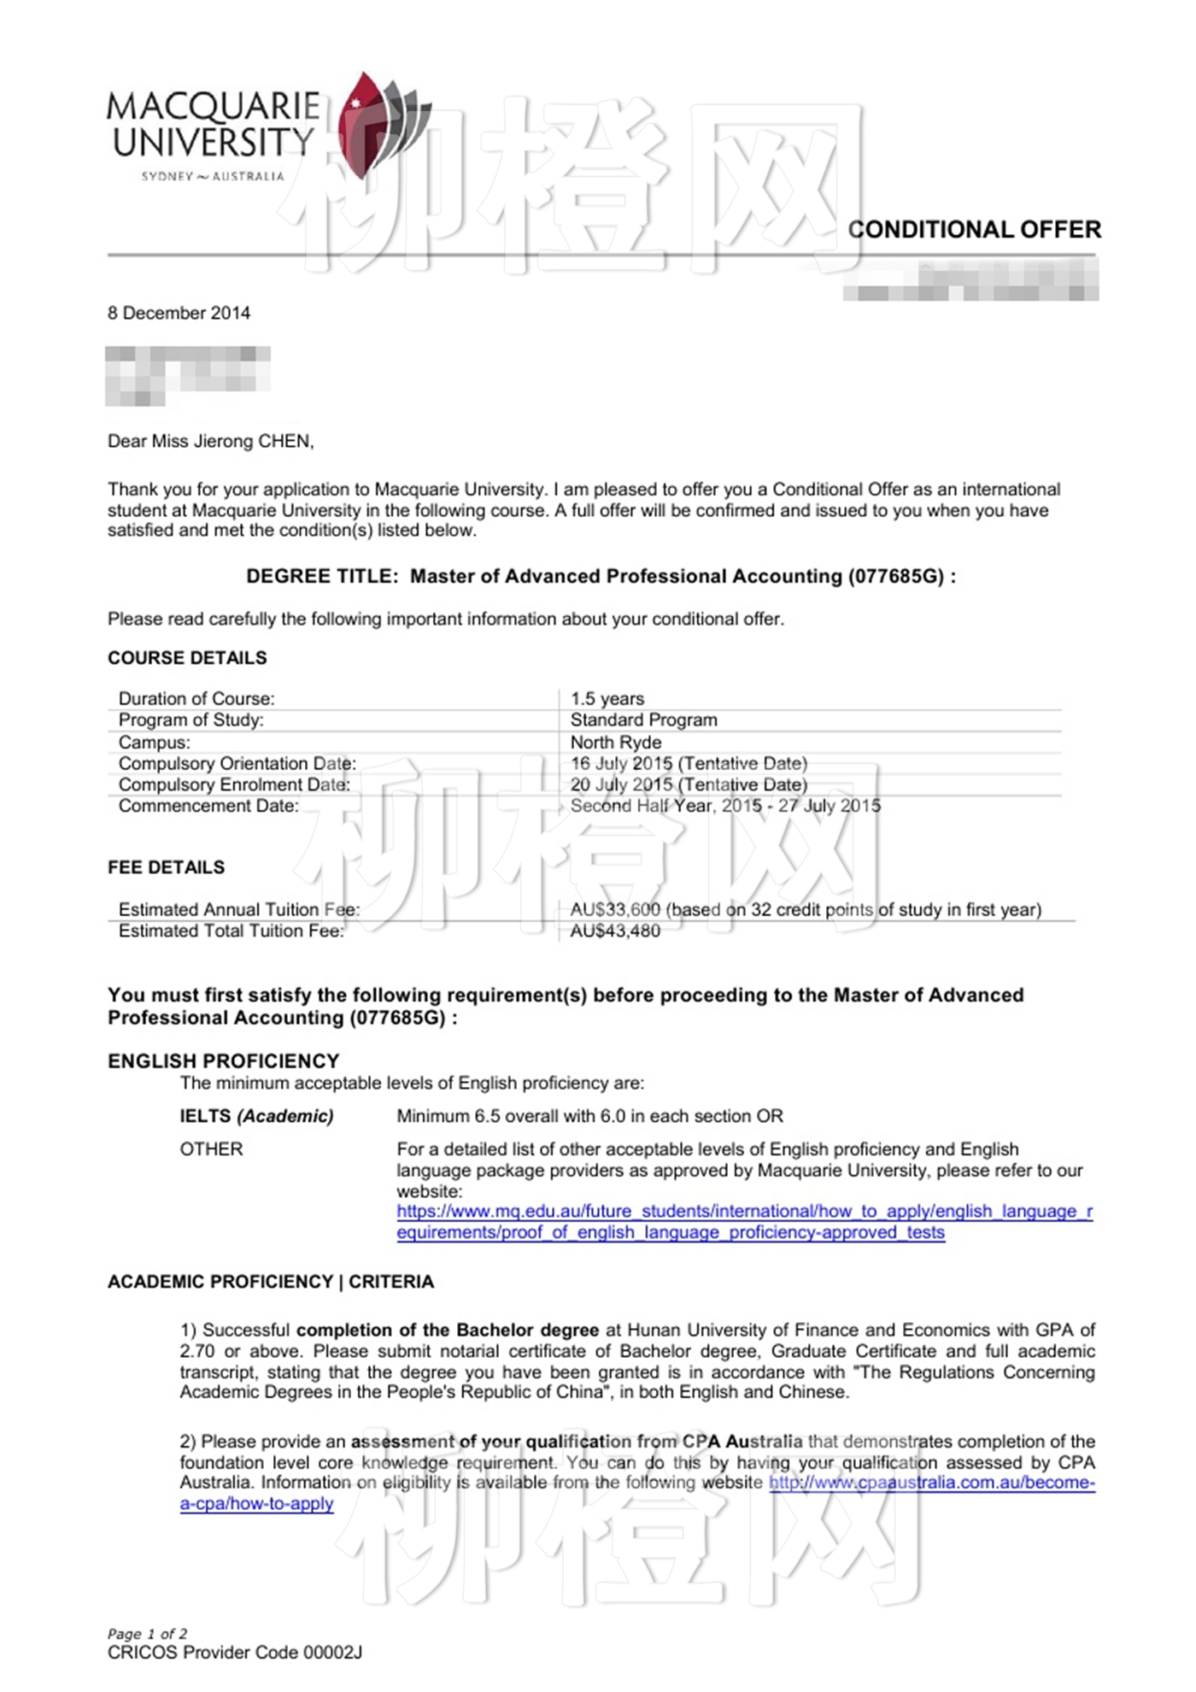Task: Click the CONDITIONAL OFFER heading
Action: pos(974,230)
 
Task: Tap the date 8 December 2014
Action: pos(179,313)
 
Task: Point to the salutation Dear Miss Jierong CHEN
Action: pos(210,441)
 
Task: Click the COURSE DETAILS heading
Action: pos(187,658)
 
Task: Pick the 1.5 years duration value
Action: pos(607,699)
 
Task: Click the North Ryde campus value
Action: pos(616,742)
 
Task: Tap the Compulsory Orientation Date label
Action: pos(237,763)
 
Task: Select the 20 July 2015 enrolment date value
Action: pos(622,784)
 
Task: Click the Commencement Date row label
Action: pos(208,806)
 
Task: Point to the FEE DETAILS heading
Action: pos(167,867)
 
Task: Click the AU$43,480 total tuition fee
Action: pos(615,931)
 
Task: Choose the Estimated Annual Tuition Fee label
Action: pos(239,909)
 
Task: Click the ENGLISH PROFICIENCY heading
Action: pos(224,1060)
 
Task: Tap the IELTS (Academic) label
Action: pos(256,1116)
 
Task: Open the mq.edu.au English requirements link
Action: pos(743,1212)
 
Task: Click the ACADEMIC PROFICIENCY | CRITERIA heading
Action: pos(271,1282)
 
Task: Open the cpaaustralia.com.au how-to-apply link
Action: pos(931,1483)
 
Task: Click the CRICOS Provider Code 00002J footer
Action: pos(235,1653)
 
